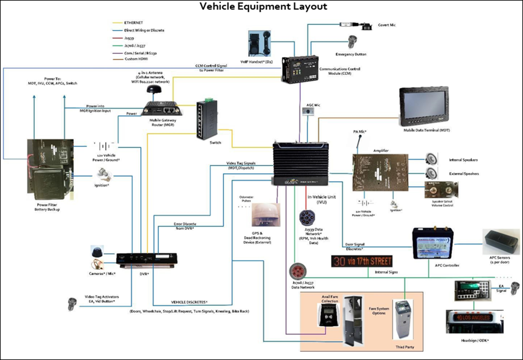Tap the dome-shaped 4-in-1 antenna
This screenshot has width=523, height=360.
153,91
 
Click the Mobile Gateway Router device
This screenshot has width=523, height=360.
161,108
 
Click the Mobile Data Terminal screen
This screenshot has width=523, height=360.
425,107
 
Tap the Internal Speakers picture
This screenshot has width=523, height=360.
432,159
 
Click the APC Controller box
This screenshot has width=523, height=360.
434,245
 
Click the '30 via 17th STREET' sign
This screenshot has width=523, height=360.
361,261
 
